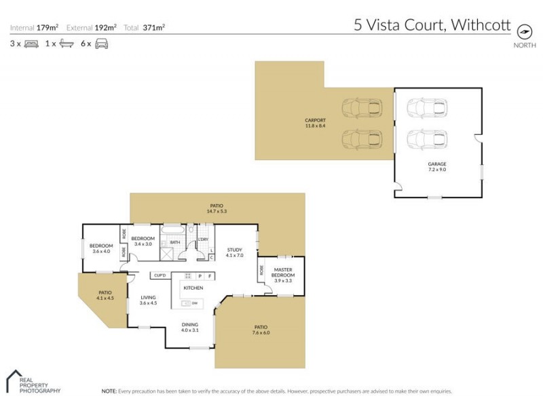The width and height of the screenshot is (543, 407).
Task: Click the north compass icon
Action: click(523, 31)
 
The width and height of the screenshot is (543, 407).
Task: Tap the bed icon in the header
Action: click(31, 44)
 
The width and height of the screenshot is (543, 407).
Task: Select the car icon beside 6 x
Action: click(101, 44)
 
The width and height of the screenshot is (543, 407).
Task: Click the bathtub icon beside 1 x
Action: click(66, 44)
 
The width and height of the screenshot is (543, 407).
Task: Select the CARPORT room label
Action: click(315, 120)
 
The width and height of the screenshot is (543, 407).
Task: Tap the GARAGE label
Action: click(437, 164)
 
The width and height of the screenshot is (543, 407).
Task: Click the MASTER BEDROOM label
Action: click(283, 273)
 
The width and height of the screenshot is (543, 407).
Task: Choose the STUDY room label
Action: click(234, 250)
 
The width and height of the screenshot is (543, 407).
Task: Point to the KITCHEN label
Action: click(193, 288)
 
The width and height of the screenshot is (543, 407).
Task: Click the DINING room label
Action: click(190, 325)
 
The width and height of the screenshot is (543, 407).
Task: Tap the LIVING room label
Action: click(148, 297)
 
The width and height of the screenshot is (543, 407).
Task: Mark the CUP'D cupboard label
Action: click(160, 275)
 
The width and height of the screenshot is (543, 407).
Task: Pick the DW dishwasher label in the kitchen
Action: click(195, 303)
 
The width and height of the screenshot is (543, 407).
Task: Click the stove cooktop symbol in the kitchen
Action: click(188, 275)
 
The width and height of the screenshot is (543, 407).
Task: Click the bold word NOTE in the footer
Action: click(109, 391)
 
